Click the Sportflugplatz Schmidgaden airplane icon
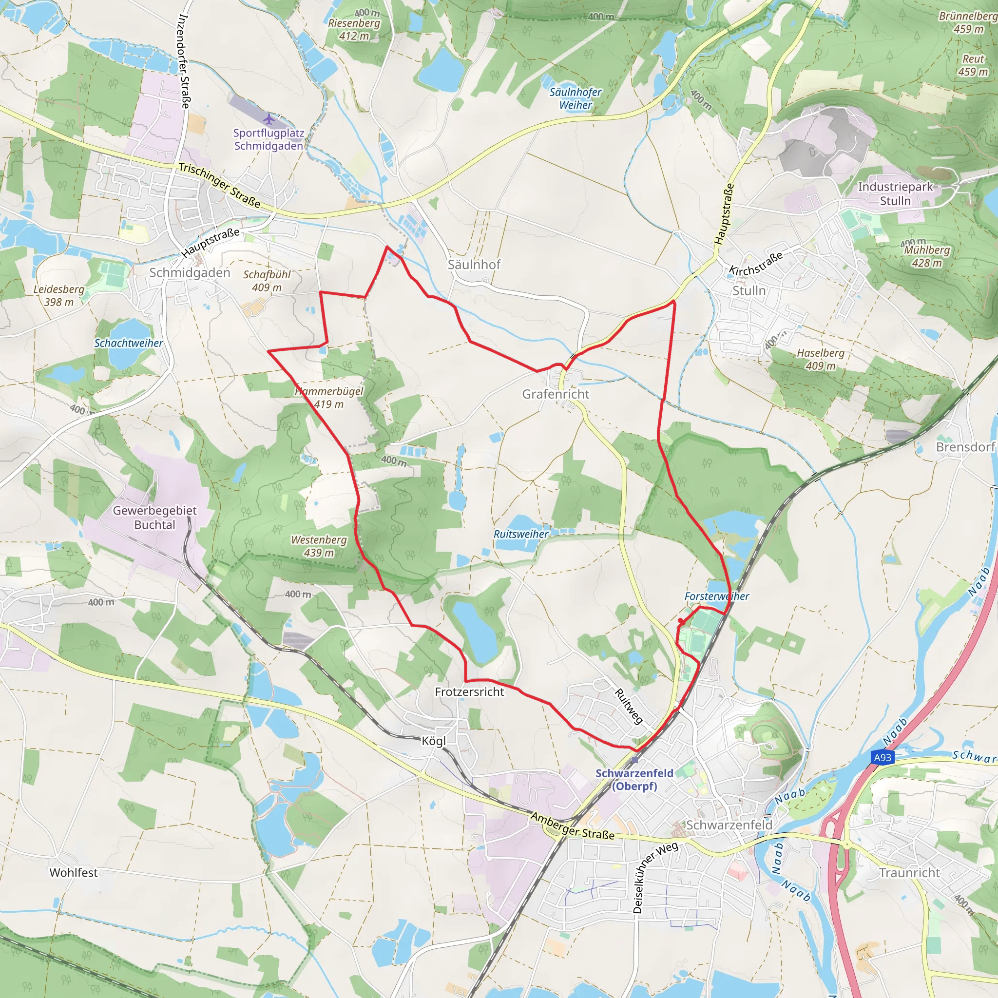tap(268, 119)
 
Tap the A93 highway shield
tap(883, 757)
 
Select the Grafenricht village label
tap(556, 394)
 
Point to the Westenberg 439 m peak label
tap(319, 546)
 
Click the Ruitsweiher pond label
tap(521, 534)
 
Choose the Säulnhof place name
tap(474, 265)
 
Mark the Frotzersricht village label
tap(469, 691)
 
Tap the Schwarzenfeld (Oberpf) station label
tap(634, 780)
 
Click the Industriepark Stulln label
tap(895, 194)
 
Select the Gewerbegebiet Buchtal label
tap(154, 518)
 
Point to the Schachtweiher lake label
tap(128, 343)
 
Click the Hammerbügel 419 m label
tap(329, 398)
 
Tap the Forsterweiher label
tap(716, 596)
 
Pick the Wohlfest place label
tap(74, 872)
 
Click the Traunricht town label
tap(910, 872)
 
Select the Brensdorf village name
tap(965, 447)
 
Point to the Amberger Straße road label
tap(573, 826)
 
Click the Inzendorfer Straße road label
tap(184, 61)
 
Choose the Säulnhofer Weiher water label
tap(576, 98)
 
